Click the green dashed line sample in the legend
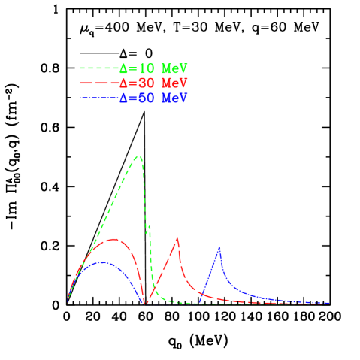coord(99,68)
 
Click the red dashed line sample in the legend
coord(99,83)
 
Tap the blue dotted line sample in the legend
coord(99,98)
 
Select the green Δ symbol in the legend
coord(124,68)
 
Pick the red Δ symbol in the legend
coord(124,83)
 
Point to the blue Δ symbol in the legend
coord(124,98)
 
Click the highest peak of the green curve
coord(138,156)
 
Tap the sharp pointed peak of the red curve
coord(177,238)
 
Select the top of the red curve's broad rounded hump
coord(113,239)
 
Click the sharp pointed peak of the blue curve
coord(219,247)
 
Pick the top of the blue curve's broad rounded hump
coord(103,262)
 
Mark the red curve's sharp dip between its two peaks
coord(146,303)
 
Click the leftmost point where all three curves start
coord(68,302)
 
